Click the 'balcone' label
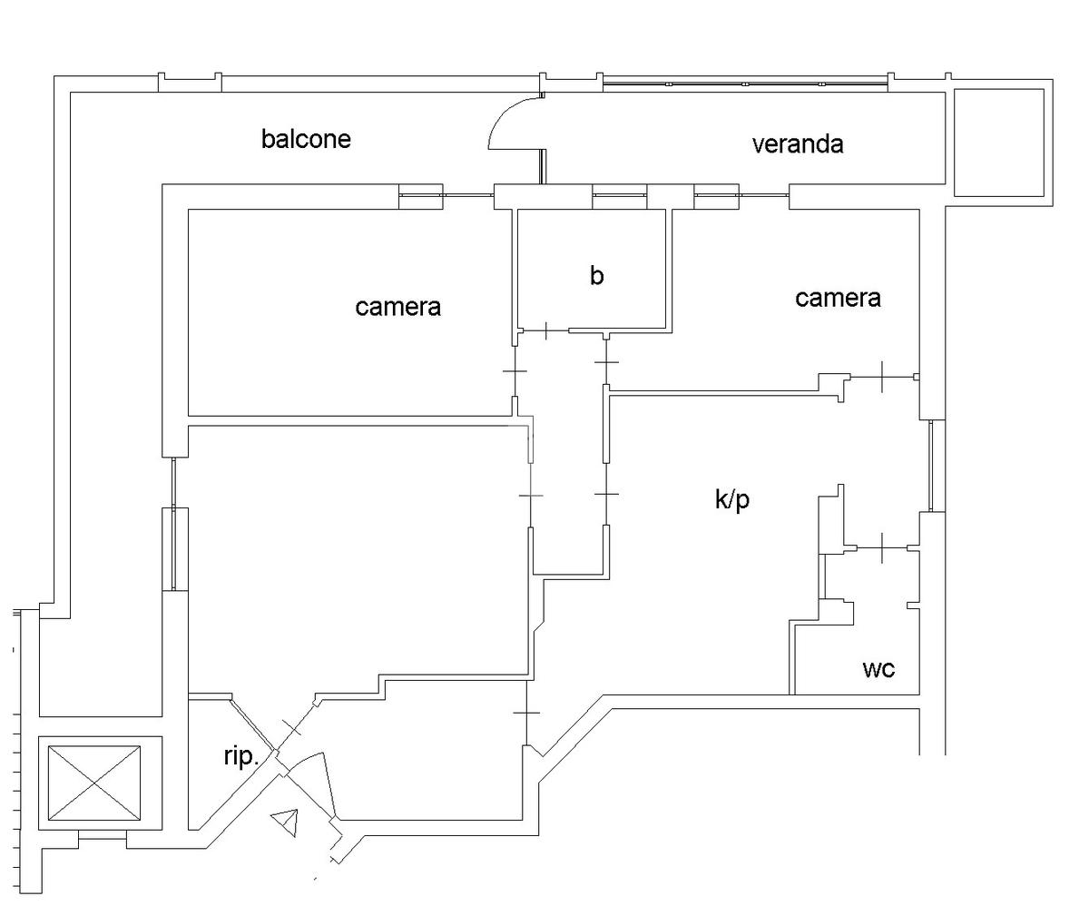306,139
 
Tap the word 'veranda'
798,143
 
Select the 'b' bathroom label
596,275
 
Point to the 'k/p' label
732,499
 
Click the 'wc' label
878,669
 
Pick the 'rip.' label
242,755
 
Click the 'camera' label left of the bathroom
397,307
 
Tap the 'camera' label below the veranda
838,298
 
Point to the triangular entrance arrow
288,822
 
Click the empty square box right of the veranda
998,143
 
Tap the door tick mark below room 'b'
545,331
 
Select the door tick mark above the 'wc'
882,548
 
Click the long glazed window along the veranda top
744,84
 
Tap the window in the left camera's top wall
421,196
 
